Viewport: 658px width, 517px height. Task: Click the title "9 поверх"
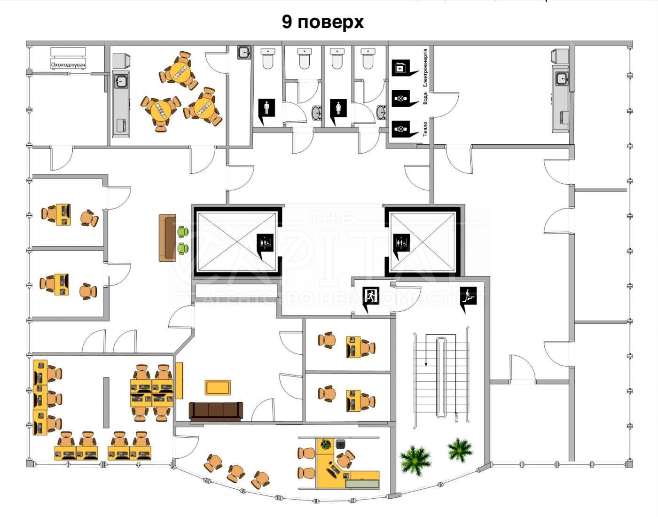point(322,22)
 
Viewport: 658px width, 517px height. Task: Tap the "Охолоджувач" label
point(68,64)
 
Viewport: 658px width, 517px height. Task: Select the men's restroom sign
point(266,110)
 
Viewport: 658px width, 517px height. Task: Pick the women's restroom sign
point(338,110)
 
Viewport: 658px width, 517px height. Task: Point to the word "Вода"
point(425,98)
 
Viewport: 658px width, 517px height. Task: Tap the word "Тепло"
point(425,128)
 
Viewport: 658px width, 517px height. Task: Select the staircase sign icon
point(468,297)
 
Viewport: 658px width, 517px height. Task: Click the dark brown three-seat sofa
point(216,410)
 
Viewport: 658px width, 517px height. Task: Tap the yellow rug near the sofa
point(218,387)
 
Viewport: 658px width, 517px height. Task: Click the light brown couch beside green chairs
point(166,238)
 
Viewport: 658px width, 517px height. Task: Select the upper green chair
point(182,231)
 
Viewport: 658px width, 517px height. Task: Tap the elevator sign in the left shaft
point(265,243)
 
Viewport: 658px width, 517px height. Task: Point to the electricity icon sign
point(400,68)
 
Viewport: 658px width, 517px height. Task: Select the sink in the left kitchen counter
point(121,82)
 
